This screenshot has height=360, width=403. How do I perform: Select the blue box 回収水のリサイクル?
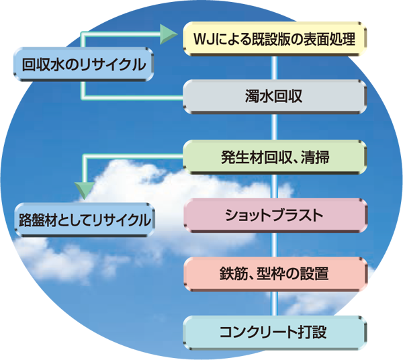click(84, 65)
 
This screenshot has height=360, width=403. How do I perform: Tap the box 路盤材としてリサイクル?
click(85, 219)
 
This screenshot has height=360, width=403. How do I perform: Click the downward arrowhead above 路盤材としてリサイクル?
click(83, 189)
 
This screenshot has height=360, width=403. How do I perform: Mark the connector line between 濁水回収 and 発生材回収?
click(274, 126)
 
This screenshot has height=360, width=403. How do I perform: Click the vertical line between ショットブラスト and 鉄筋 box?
click(274, 245)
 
